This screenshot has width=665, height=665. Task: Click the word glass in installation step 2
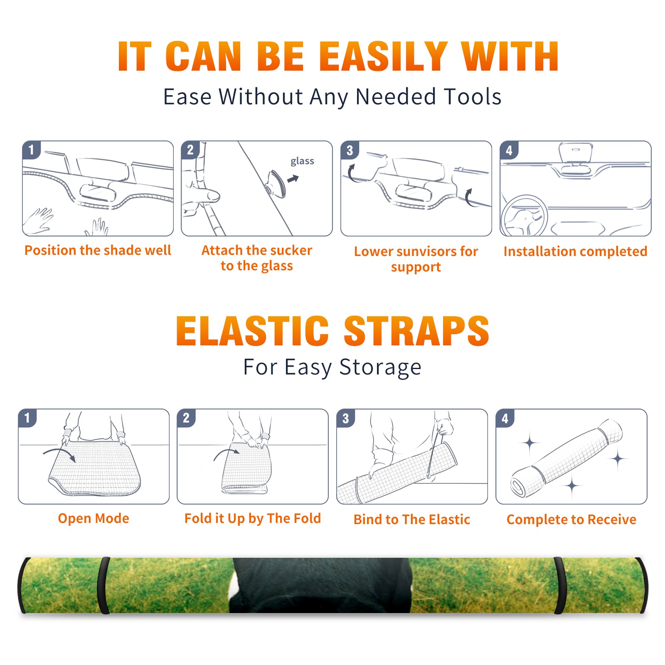pyautogui.click(x=302, y=161)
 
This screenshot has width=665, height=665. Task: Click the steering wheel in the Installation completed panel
pyautogui.click(x=524, y=216)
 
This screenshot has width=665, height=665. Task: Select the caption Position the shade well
pyautogui.click(x=98, y=250)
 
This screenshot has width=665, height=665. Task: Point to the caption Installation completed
pyautogui.click(x=575, y=251)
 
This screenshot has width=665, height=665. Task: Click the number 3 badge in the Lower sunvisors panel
pyautogui.click(x=350, y=150)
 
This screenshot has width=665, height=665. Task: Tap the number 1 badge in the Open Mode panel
pyautogui.click(x=27, y=418)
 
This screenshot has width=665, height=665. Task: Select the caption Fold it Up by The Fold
pyautogui.click(x=253, y=519)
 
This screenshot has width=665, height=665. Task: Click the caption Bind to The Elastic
pyautogui.click(x=412, y=520)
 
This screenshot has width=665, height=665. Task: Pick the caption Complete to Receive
pyautogui.click(x=571, y=520)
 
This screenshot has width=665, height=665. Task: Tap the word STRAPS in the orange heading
pyautogui.click(x=416, y=331)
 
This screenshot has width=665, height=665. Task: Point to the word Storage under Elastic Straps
pyautogui.click(x=380, y=367)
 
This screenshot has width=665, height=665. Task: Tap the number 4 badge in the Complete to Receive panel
pyautogui.click(x=505, y=418)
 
